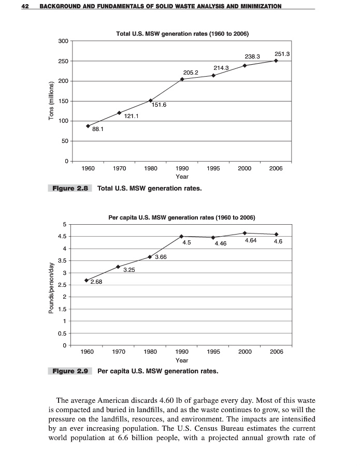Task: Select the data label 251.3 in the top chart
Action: pyautogui.click(x=282, y=54)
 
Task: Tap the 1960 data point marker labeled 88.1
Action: pyautogui.click(x=88, y=126)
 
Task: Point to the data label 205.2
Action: pyautogui.click(x=191, y=72)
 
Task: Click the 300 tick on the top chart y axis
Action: pyautogui.click(x=64, y=41)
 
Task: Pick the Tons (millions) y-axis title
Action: pyautogui.click(x=51, y=101)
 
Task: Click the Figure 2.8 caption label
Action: pyautogui.click(x=69, y=188)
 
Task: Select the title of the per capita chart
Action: pyautogui.click(x=181, y=217)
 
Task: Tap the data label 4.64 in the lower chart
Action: pyautogui.click(x=251, y=241)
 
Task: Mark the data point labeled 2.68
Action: pyautogui.click(x=87, y=280)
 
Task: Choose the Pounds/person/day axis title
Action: pyautogui.click(x=51, y=287)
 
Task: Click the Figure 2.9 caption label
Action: pyautogui.click(x=69, y=371)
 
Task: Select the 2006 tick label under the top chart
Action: pyautogui.click(x=276, y=168)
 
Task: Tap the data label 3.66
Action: pyautogui.click(x=160, y=257)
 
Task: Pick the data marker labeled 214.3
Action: pyautogui.click(x=213, y=76)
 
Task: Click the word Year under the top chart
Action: pyautogui.click(x=182, y=177)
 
